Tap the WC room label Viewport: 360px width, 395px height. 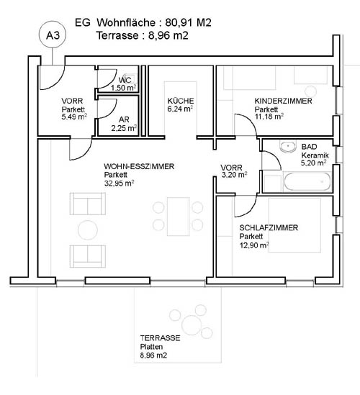tap(125, 80)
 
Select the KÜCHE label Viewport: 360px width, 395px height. tap(181, 101)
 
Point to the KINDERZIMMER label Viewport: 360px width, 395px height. tap(283, 101)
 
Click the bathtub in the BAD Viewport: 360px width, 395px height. tap(307, 181)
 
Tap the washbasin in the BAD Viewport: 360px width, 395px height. tap(288, 147)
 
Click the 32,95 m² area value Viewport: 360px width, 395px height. tap(119, 183)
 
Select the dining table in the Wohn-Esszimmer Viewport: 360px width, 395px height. tap(179, 217)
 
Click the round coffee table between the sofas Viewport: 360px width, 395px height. tap(88, 230)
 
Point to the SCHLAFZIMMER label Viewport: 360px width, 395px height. tap(269, 228)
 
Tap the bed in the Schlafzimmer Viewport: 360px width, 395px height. tap(295, 225)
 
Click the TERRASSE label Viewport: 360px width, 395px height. tap(160, 338)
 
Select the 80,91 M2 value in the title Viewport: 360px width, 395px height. tap(188, 23)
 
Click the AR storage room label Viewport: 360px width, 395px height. tap(124, 119)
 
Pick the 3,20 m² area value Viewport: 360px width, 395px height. tap(234, 175)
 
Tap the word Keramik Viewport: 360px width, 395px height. tap(315, 155)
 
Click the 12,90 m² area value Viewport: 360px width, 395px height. tap(254, 245)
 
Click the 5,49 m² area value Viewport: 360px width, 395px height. tap(74, 117)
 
